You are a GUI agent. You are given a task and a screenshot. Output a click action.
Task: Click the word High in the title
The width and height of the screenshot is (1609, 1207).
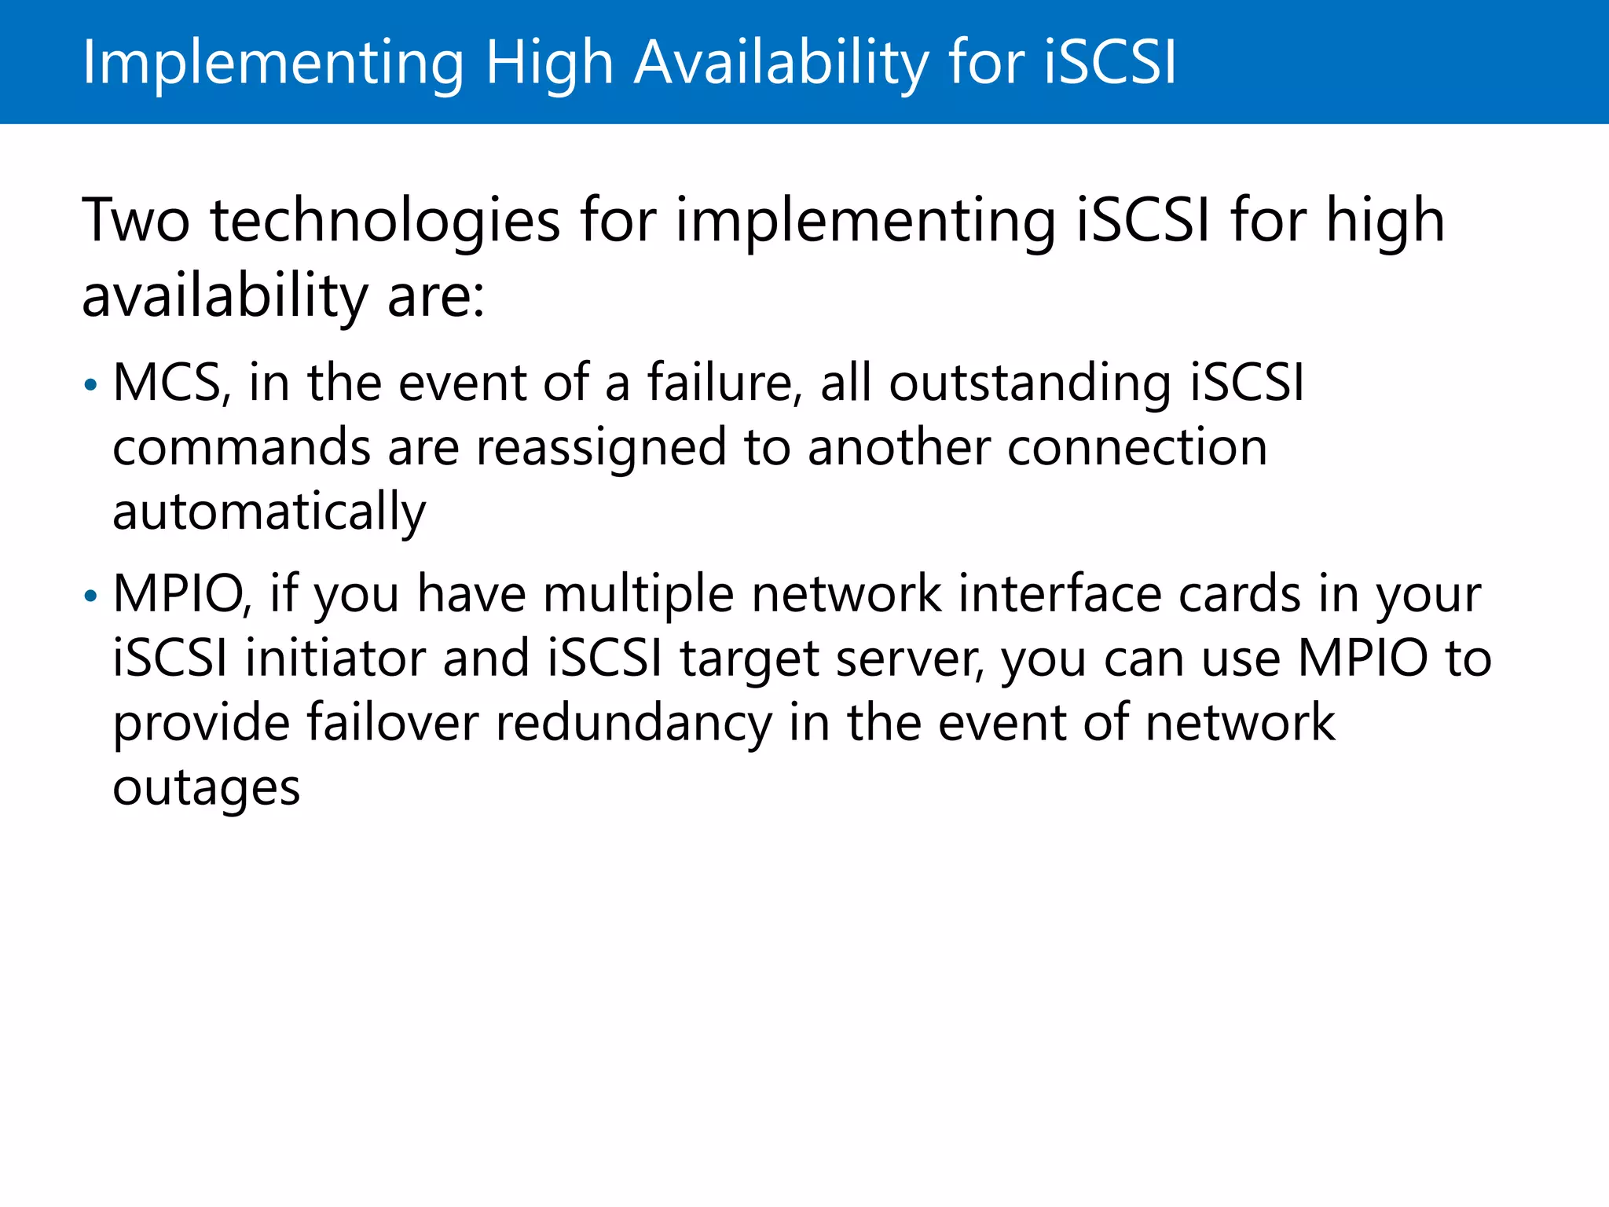click(x=548, y=63)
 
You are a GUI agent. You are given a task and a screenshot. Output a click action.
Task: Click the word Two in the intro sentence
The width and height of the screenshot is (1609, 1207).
click(x=136, y=221)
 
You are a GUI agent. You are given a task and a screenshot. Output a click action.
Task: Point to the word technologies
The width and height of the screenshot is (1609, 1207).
click(x=385, y=222)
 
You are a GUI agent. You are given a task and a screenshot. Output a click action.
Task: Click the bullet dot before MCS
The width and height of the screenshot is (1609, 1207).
click(x=91, y=386)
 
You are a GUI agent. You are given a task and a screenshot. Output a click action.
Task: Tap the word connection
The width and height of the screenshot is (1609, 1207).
click(x=1137, y=448)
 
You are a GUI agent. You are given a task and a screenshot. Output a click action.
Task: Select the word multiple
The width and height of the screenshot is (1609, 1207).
click(x=638, y=596)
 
